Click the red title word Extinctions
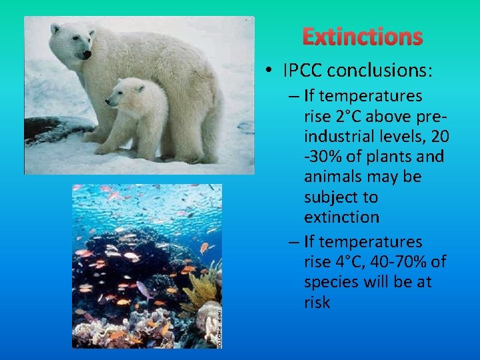click(x=363, y=37)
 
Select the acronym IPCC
click(x=303, y=69)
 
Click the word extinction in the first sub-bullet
click(x=341, y=217)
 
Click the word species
click(x=333, y=282)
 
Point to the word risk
click(x=317, y=302)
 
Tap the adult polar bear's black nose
click(x=87, y=55)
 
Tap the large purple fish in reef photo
click(x=145, y=289)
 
